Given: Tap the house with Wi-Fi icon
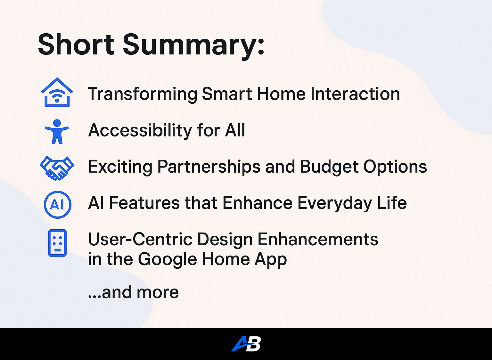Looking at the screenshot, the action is pos(57,92).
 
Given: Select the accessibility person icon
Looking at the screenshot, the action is pos(57,132).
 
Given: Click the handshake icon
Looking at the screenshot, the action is pos(57,168).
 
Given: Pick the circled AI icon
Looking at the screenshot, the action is pos(58,205).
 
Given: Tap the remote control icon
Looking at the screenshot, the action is pos(57,243).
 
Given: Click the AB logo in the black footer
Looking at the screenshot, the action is pos(246,344).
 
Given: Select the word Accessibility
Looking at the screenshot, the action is pos(140,130).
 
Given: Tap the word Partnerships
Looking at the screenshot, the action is pos(209,167).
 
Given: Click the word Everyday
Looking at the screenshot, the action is pos(334,203).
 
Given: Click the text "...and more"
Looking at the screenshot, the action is pos(133,292).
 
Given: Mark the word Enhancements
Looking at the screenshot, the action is pos(318,239).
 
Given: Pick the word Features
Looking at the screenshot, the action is pos(144,203).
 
